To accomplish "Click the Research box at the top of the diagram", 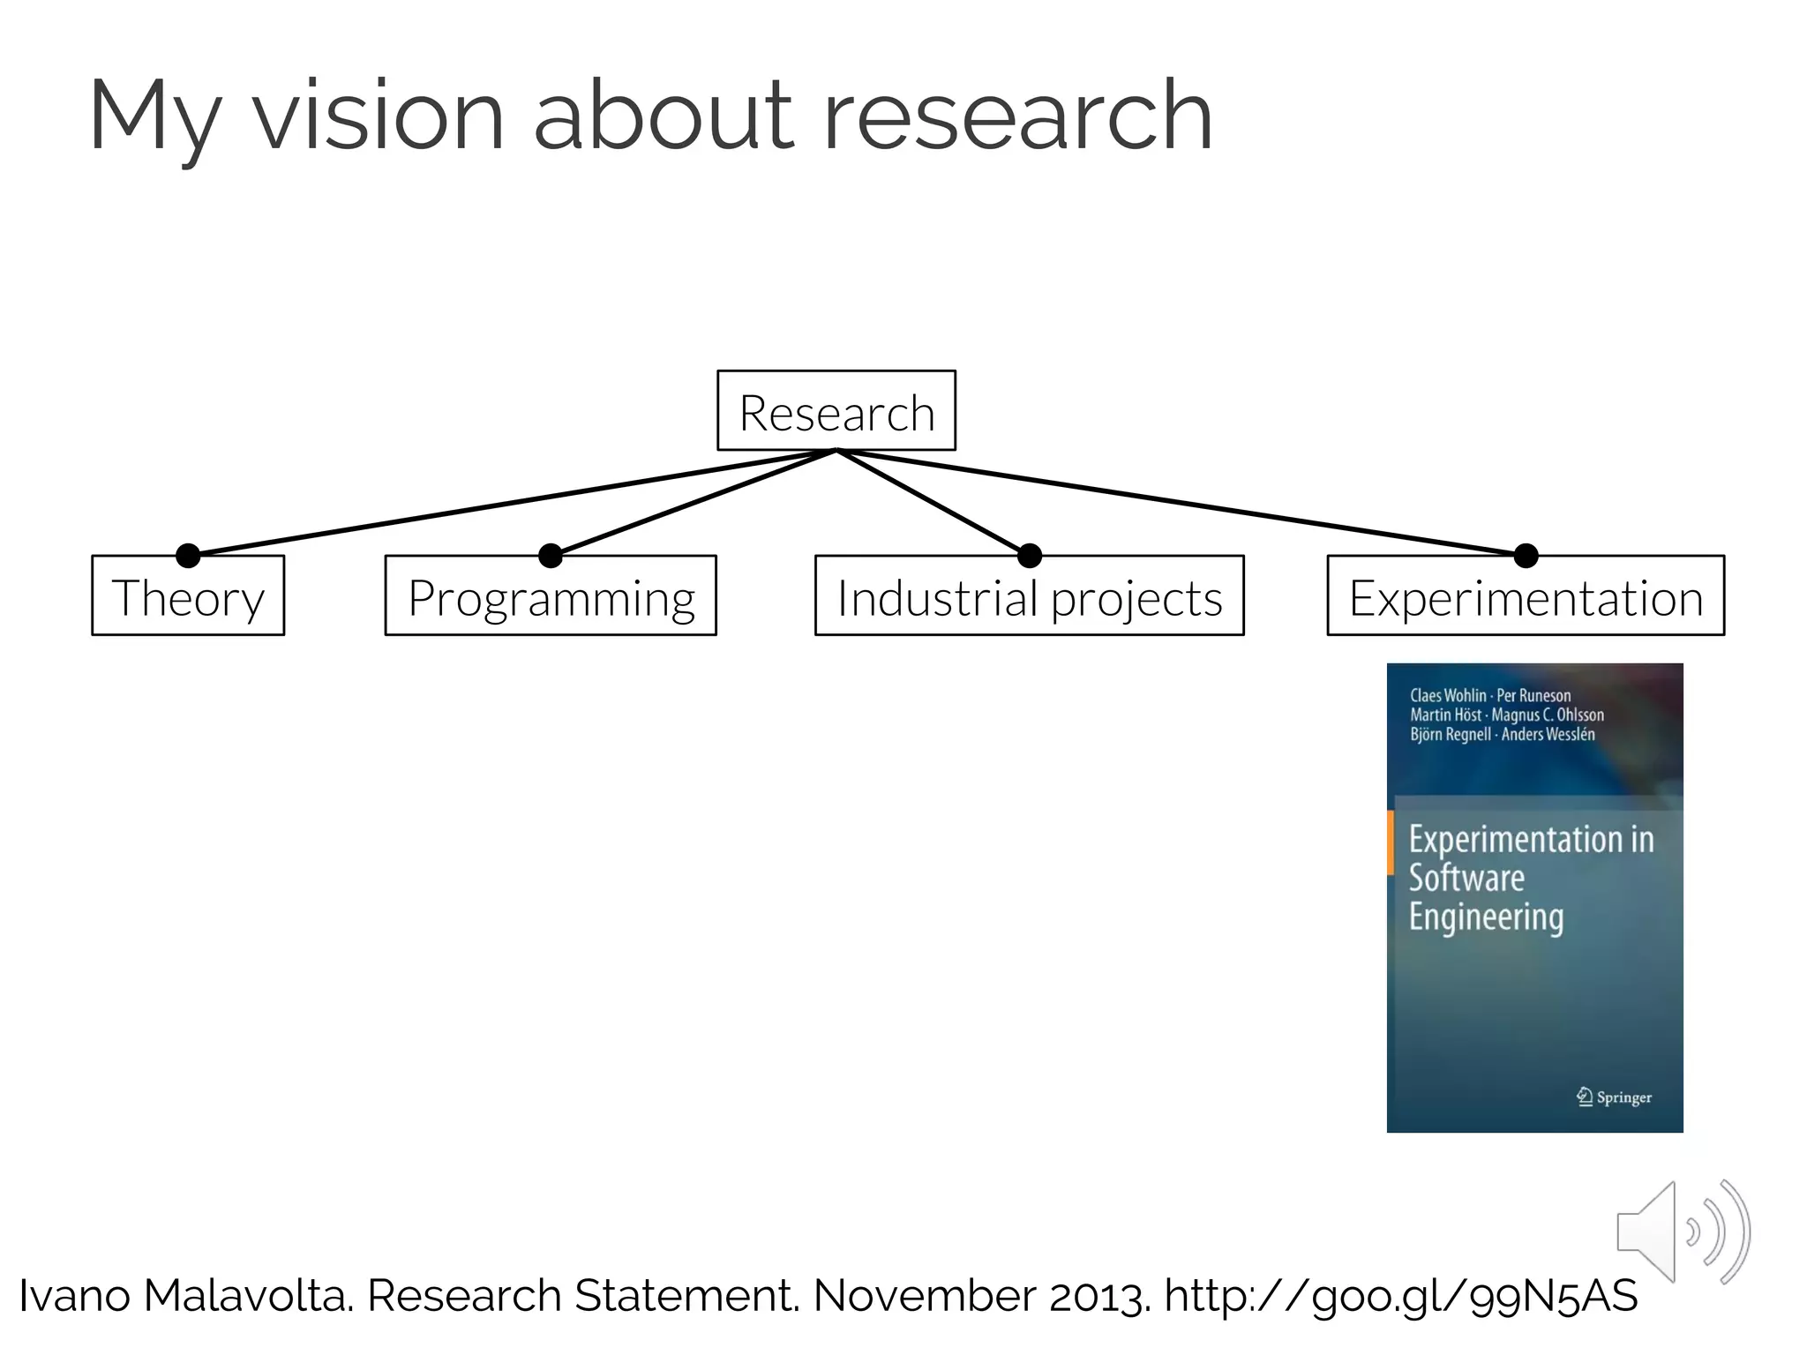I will coord(836,411).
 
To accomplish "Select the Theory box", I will coord(188,596).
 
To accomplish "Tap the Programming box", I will coord(551,596).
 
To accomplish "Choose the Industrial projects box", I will coord(1029,596).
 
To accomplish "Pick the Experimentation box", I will coord(1526,596).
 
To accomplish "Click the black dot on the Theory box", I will coord(188,555).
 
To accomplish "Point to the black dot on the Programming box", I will coord(551,555).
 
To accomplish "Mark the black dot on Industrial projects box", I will coord(1030,555).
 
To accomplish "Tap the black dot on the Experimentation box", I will coord(1526,555).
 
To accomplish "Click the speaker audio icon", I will coord(1681,1231).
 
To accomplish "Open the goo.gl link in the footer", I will coord(1400,1296).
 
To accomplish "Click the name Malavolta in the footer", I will coord(248,1296).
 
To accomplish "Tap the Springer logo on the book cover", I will coord(1614,1097).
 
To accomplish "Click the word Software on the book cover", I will coord(1466,878).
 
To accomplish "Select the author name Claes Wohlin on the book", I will coord(1447,695).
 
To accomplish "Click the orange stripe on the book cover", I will coord(1391,842).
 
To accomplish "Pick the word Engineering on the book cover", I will coord(1486,917).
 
